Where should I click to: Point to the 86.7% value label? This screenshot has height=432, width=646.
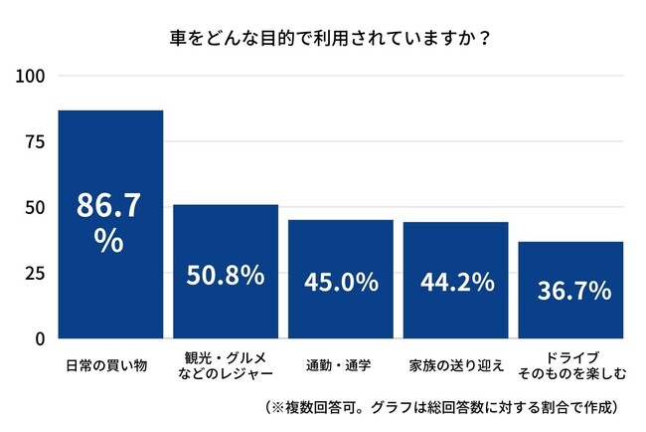110,223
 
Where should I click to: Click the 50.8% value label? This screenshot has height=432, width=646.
226,274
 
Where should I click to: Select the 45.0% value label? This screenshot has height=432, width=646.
341,282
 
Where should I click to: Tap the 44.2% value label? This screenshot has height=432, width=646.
455,282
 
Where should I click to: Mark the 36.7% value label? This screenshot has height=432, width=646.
570,290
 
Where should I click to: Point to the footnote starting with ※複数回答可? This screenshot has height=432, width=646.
442,407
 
